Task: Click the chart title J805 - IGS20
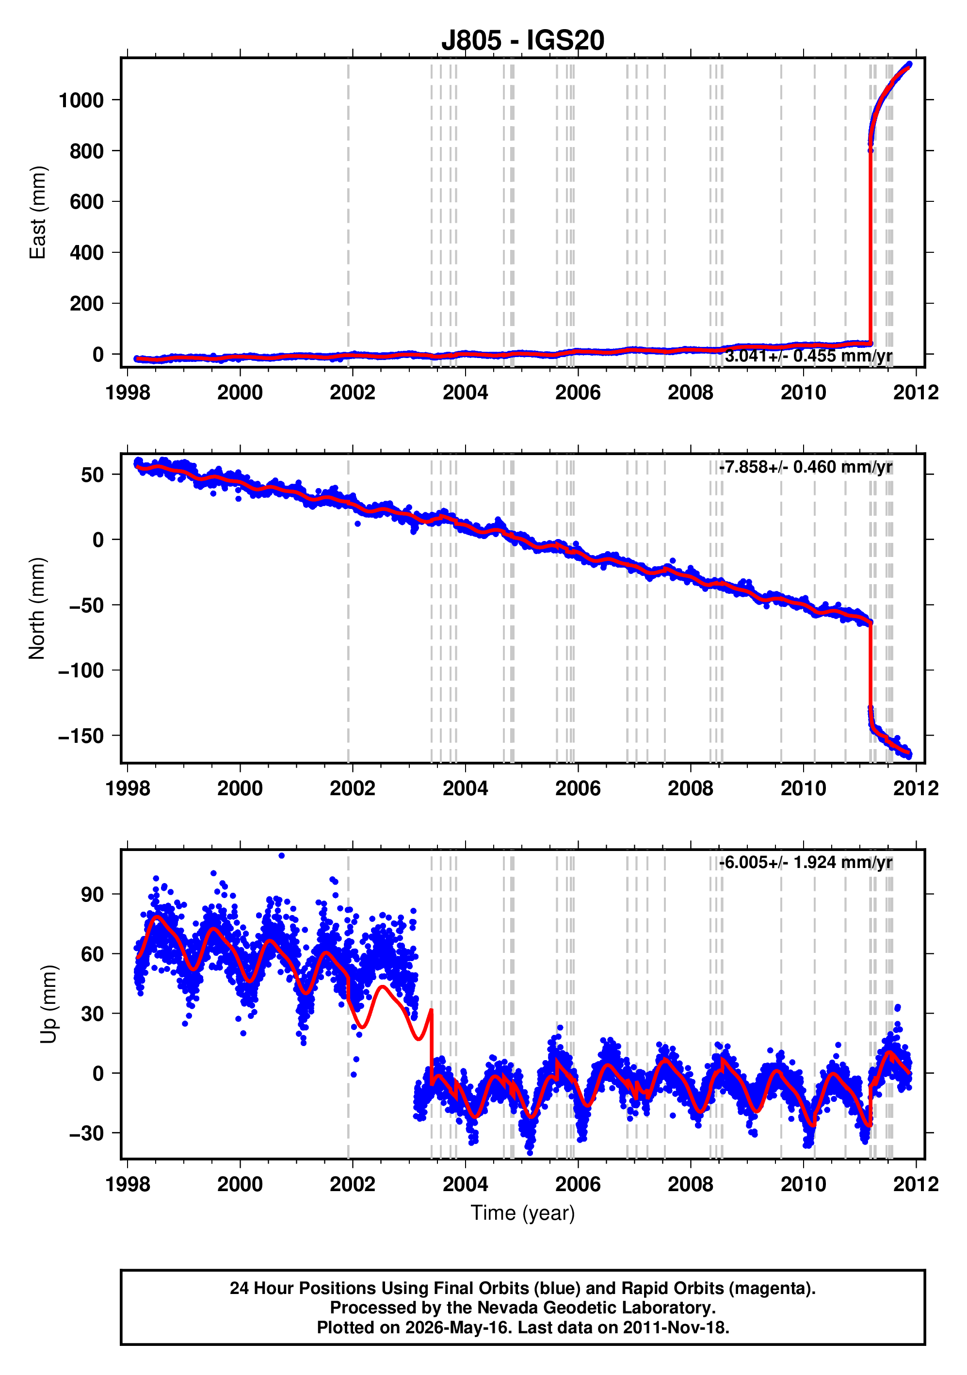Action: [x=523, y=40]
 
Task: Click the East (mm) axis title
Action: [x=37, y=213]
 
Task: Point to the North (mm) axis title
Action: [x=37, y=608]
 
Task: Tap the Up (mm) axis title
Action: [x=49, y=1004]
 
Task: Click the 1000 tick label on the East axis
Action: [x=81, y=100]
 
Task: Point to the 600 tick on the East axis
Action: [x=87, y=202]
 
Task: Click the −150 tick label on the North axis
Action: [x=81, y=736]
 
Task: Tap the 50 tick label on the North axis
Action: [x=93, y=475]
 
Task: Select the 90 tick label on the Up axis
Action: [x=93, y=895]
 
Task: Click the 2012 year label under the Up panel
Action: [x=916, y=1184]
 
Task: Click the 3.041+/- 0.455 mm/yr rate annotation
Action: [x=809, y=356]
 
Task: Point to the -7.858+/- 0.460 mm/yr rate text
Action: [x=806, y=467]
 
